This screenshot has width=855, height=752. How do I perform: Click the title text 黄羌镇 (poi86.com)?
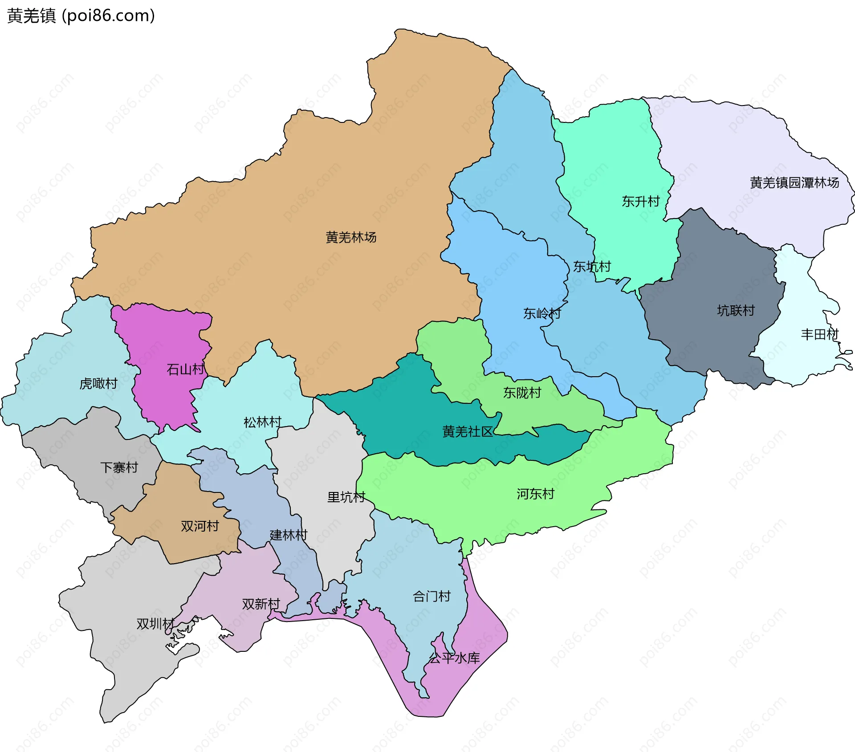81,16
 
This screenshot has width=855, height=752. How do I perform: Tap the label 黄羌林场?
351,237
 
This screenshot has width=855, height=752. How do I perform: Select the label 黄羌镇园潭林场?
794,183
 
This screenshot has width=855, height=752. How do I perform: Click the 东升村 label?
640,202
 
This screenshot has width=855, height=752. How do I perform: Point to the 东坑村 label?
591,267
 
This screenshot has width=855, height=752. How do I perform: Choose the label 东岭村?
541,313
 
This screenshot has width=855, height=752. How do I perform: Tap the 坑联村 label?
736,310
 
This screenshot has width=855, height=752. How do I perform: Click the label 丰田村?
819,334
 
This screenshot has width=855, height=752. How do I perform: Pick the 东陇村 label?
522,393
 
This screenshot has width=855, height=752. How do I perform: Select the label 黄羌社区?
468,431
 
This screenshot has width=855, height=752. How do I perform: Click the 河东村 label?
535,494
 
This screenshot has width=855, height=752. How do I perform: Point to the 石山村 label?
185,369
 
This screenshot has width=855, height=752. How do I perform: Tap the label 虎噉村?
98,383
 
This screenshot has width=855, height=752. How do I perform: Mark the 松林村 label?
262,422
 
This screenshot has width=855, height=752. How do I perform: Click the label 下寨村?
119,467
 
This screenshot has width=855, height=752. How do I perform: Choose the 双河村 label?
199,526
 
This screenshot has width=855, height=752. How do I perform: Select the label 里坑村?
346,497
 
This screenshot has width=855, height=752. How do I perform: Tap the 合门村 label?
432,596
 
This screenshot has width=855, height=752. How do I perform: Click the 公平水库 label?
454,658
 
